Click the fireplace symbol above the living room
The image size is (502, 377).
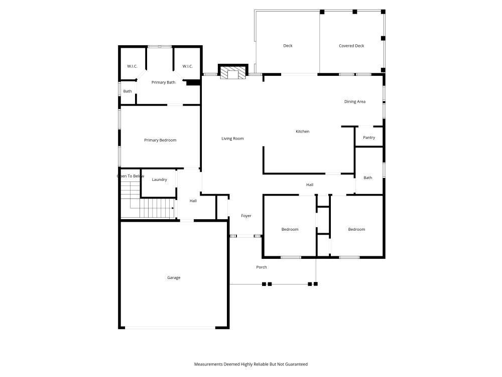point(233,71)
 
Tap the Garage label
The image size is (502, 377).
point(174,277)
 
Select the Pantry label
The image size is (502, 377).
point(369,138)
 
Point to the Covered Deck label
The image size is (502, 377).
point(351,46)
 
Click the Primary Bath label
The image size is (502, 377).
point(163,82)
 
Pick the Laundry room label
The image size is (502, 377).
point(160,179)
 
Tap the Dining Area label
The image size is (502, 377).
point(355,102)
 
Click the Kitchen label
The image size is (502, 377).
point(303,131)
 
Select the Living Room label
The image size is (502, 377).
point(232,139)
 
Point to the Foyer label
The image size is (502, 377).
point(246,216)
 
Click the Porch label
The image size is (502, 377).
point(261,267)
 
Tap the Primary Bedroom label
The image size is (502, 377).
point(160,140)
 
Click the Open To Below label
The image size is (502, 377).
point(131,176)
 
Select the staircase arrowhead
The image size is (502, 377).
point(173,209)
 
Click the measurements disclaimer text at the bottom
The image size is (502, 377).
point(250,364)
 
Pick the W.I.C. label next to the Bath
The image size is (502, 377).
point(132,66)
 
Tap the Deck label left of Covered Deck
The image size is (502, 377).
point(288,46)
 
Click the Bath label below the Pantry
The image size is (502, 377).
point(368,177)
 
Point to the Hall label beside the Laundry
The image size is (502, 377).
point(193,201)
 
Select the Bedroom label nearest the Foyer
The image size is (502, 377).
point(290,229)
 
